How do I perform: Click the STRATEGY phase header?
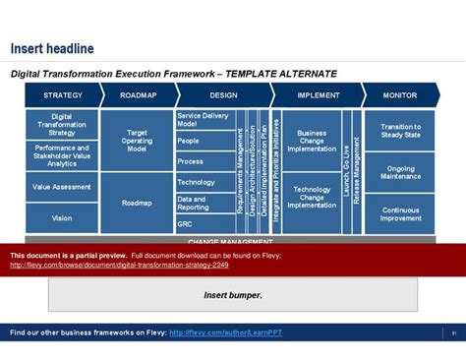pos(62,95)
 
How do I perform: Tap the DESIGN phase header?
pos(223,95)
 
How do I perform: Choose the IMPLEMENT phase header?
pos(318,95)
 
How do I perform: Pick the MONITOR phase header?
pos(399,95)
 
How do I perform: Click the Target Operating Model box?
pos(137,141)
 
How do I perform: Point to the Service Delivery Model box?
pos(204,120)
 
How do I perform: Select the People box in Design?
pos(204,141)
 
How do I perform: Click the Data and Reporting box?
pos(204,203)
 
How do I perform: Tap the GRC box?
pos(204,224)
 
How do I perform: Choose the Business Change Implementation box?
pos(312,141)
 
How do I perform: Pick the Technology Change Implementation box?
pos(312,197)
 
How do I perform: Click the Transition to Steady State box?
pos(400,131)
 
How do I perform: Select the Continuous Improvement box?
pos(400,214)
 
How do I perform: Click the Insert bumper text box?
pos(233,294)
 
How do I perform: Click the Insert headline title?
pos(52,48)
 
